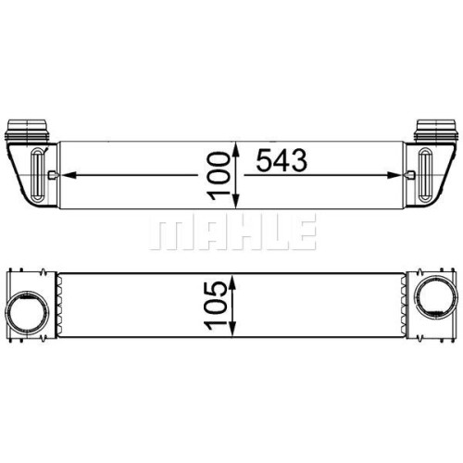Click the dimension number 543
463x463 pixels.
282,160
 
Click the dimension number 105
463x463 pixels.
216,306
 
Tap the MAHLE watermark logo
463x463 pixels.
233,231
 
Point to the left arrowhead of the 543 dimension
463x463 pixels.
69,175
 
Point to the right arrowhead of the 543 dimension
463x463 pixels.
394,175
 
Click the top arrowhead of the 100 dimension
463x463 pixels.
236,150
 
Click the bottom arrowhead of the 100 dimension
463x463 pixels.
236,201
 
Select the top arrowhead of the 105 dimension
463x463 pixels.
232,282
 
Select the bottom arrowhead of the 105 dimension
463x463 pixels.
232,329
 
